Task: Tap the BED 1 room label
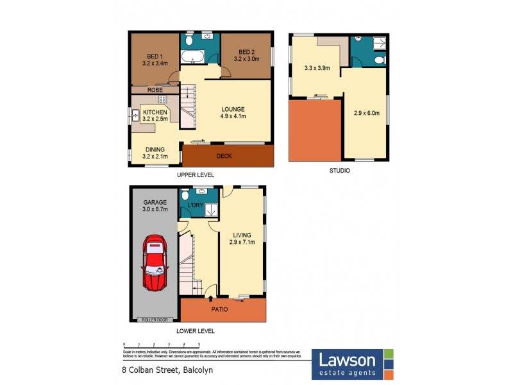tap(155, 59)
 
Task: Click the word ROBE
tap(155, 90)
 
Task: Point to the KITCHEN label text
tap(155, 112)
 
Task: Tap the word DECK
tap(224, 155)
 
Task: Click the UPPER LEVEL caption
tap(196, 175)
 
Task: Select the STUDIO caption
tap(339, 171)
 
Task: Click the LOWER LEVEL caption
tap(196, 331)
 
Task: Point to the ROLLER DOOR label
tap(153, 319)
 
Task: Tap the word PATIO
tap(220, 309)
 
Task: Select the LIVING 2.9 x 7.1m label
tap(242, 238)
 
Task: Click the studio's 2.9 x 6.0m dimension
tap(367, 113)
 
